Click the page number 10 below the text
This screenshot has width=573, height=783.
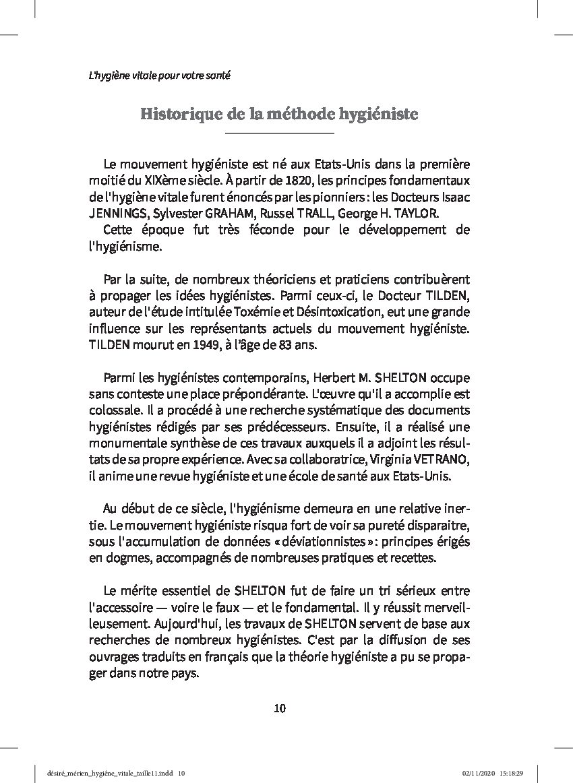click(x=280, y=708)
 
